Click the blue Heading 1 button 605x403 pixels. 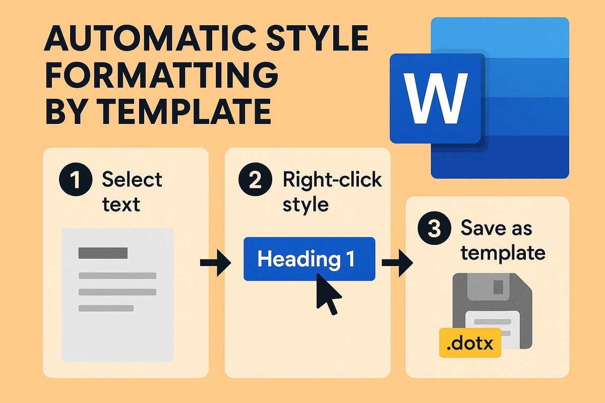tap(309, 258)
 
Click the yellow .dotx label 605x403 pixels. tap(470, 343)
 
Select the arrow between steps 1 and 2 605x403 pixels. tap(215, 263)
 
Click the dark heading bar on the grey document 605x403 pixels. tap(103, 253)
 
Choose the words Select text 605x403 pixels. tap(131, 192)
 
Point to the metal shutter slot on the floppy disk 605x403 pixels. tap(497, 287)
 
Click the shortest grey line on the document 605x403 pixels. tap(106, 308)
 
